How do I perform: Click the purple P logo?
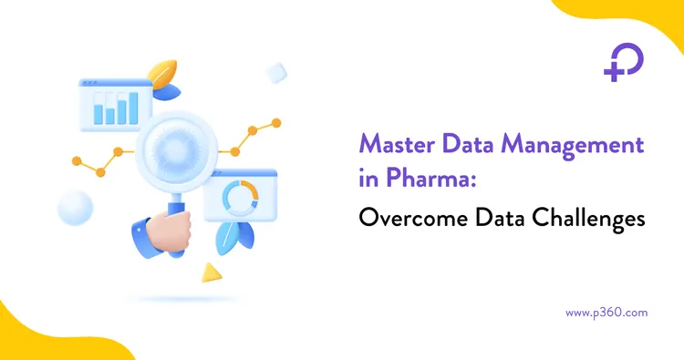click(624, 61)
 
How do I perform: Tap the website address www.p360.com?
click(606, 312)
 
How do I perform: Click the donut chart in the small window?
click(239, 195)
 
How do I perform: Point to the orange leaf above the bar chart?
click(164, 74)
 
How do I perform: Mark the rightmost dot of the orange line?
click(277, 122)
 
